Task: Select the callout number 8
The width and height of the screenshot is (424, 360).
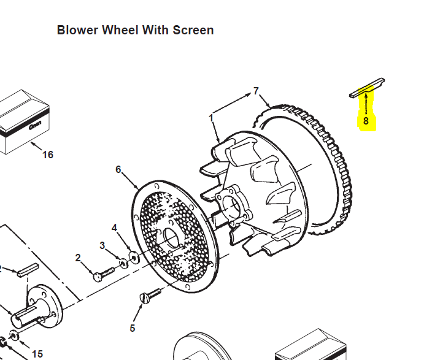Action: pyautogui.click(x=366, y=121)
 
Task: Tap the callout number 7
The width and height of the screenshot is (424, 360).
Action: pyautogui.click(x=256, y=91)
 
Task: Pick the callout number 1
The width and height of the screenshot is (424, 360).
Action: pyautogui.click(x=211, y=117)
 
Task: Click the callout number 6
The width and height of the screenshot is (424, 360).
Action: pyautogui.click(x=118, y=169)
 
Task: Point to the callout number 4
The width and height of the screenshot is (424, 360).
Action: pyautogui.click(x=114, y=228)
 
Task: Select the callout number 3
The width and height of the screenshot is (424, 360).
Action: pyautogui.click(x=102, y=245)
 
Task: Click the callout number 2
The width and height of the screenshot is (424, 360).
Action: pyautogui.click(x=78, y=258)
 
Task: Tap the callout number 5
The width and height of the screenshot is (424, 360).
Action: pyautogui.click(x=132, y=328)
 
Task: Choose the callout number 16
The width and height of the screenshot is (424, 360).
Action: pyautogui.click(x=48, y=155)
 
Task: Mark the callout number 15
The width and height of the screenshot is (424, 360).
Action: pyautogui.click(x=37, y=354)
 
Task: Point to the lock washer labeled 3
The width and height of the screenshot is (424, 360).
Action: pyautogui.click(x=123, y=262)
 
